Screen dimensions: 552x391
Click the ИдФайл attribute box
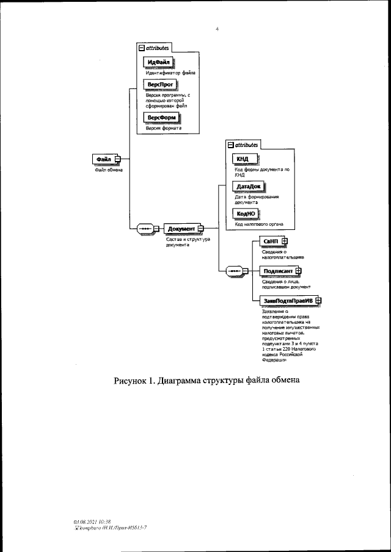(x=158, y=62)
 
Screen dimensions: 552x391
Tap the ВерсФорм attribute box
(x=159, y=117)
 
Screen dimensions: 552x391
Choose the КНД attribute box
(x=242, y=160)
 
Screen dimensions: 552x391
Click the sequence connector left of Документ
(x=145, y=229)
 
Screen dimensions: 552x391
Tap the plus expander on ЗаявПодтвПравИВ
(x=318, y=300)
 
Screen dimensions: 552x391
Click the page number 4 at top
(x=217, y=27)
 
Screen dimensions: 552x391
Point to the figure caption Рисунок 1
(x=206, y=382)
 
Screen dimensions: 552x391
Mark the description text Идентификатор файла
(x=166, y=73)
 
